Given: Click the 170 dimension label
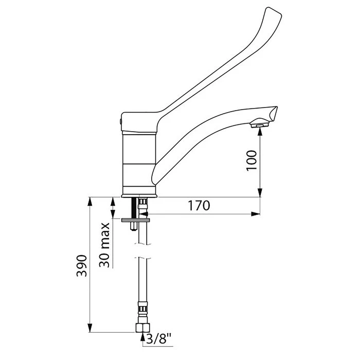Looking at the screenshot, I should [199, 206].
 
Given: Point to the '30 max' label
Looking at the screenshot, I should [105, 245].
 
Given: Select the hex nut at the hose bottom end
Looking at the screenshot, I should [142, 329].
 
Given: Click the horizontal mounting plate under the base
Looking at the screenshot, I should [136, 219].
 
